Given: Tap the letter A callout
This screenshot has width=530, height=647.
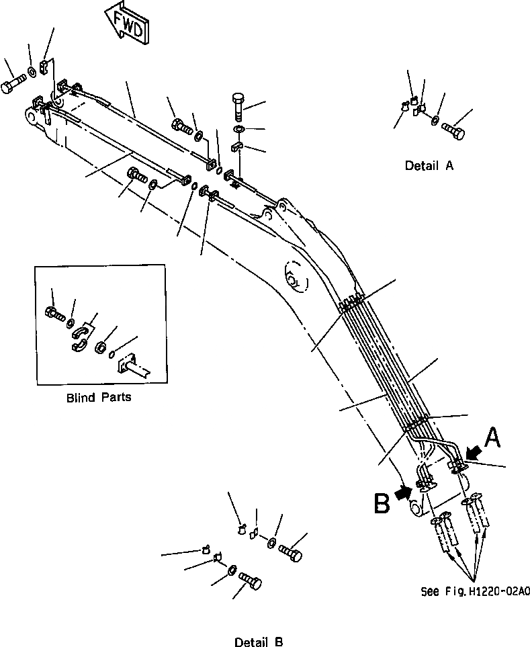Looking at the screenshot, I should point(492,438).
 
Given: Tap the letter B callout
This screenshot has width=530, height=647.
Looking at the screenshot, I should point(382,503).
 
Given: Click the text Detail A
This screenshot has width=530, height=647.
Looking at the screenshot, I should point(429,165).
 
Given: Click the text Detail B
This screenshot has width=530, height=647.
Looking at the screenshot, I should point(259,642).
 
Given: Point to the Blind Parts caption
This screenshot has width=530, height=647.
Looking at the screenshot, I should point(99,396).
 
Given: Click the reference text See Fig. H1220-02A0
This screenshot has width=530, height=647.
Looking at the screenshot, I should point(474,592).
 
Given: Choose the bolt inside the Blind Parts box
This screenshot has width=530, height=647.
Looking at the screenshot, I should point(54,312).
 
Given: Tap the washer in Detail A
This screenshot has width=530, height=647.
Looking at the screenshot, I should point(435,121).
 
